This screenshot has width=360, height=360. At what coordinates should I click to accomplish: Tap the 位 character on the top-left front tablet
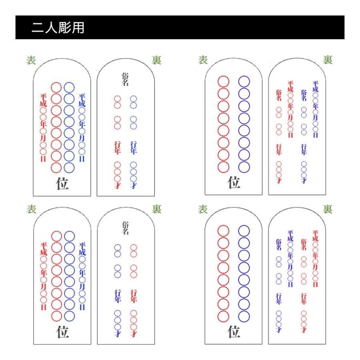(x=63, y=183)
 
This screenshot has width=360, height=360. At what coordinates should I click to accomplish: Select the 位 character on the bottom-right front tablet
(x=234, y=332)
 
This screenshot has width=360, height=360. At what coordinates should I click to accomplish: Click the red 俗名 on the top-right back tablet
(x=279, y=95)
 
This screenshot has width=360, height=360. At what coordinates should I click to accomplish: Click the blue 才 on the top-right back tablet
(x=304, y=181)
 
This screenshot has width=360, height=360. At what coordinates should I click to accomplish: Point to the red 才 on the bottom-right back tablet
(x=304, y=330)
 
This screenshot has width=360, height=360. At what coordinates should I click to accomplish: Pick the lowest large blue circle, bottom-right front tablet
(x=244, y=315)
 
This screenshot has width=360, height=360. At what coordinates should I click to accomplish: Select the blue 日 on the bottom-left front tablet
(x=82, y=307)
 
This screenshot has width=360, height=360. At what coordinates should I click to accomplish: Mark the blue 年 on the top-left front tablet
(x=82, y=123)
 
